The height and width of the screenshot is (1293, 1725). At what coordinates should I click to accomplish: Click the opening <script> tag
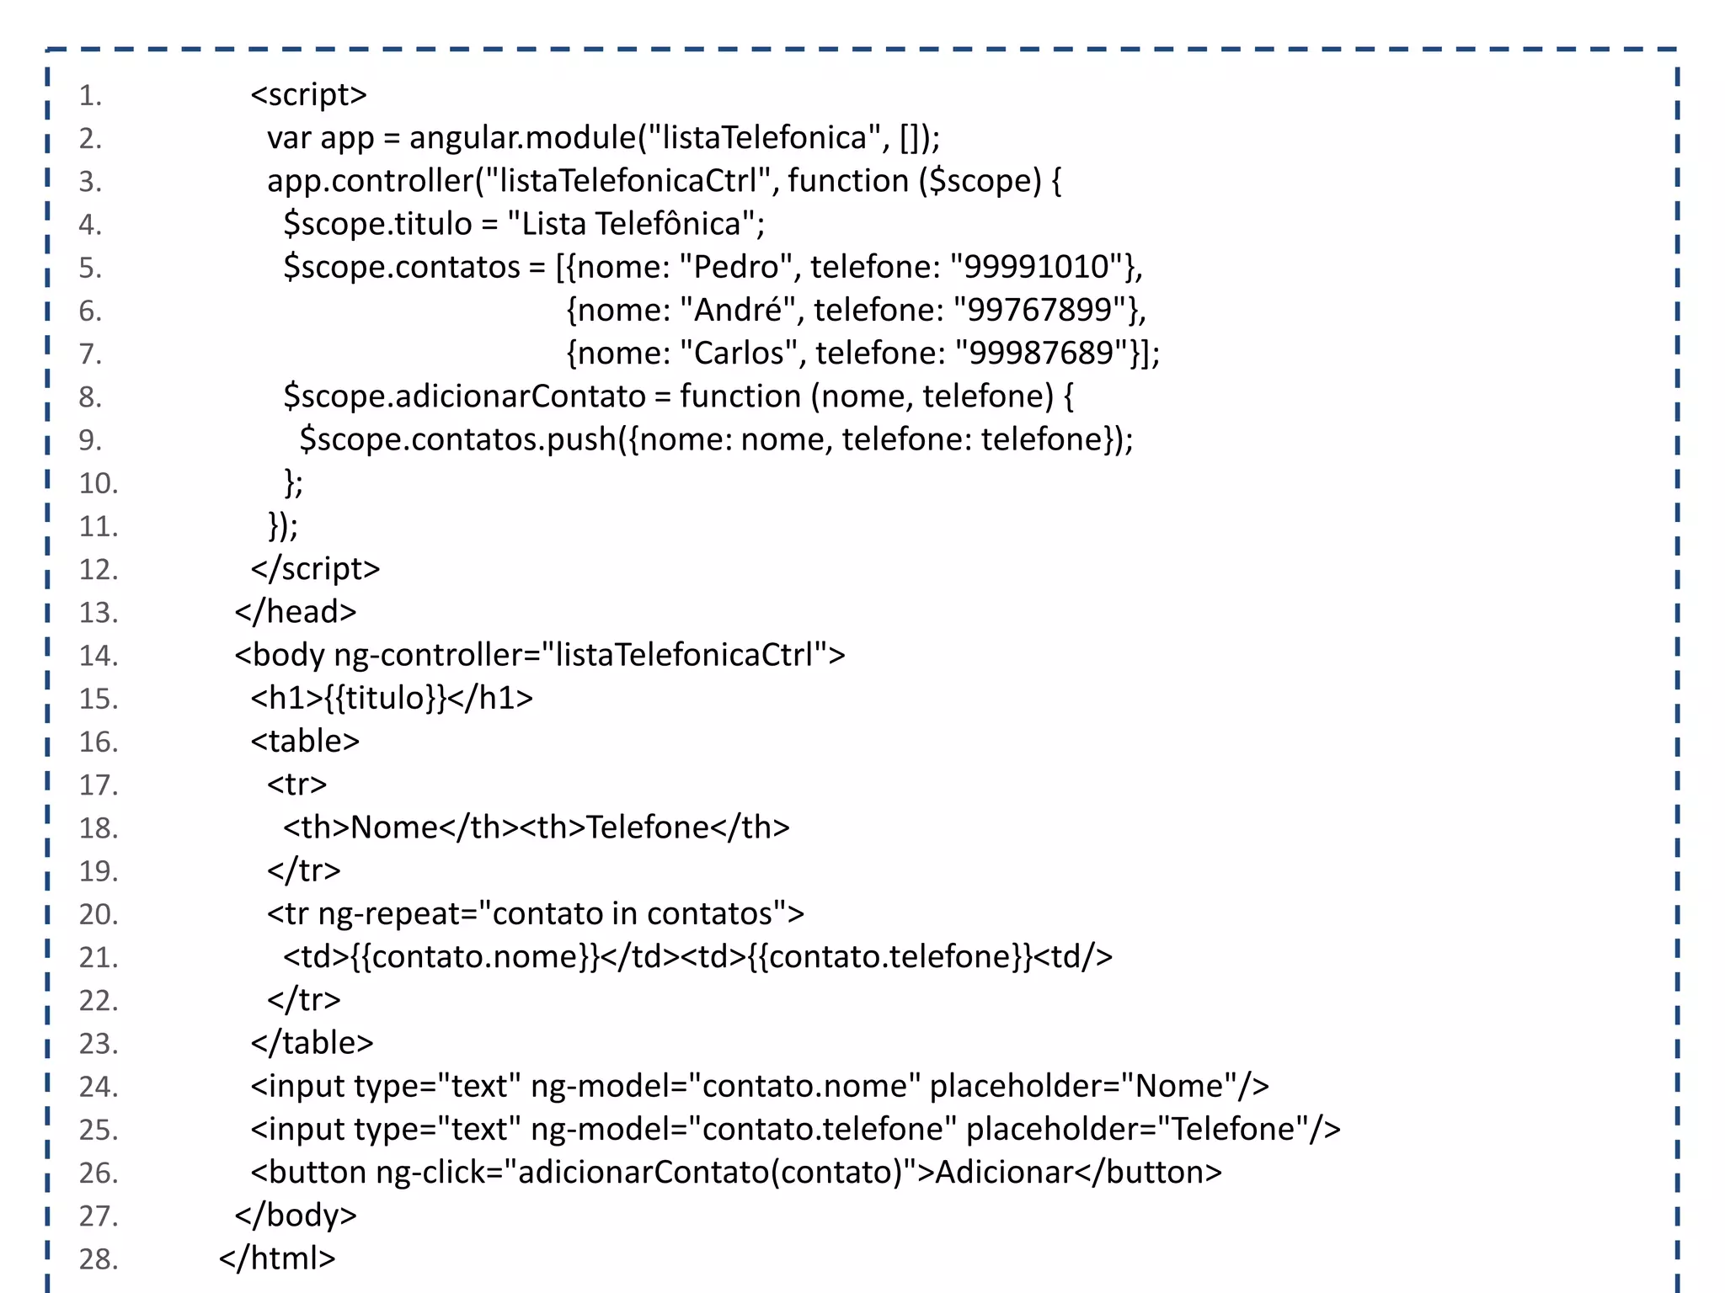tap(308, 94)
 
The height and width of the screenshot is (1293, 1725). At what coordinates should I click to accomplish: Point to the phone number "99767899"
tap(1041, 310)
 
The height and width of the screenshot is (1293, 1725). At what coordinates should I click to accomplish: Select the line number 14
tap(98, 655)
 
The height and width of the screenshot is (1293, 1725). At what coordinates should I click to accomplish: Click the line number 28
tap(98, 1258)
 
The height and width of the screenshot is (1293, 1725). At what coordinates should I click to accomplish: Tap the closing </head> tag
tap(296, 612)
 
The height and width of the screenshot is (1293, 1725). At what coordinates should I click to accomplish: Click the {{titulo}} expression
tap(385, 698)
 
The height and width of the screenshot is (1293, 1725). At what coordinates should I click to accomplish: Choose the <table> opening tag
tap(305, 741)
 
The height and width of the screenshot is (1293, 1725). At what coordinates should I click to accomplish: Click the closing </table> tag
tap(312, 1043)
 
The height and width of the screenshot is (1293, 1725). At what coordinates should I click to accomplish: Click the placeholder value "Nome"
tap(1178, 1086)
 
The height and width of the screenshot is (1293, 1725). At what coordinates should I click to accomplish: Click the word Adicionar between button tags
tap(1004, 1172)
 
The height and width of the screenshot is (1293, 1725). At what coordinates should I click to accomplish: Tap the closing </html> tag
tap(277, 1258)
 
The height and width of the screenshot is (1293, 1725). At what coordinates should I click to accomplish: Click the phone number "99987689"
tap(1042, 353)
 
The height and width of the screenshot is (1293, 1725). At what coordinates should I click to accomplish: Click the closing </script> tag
tap(315, 569)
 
